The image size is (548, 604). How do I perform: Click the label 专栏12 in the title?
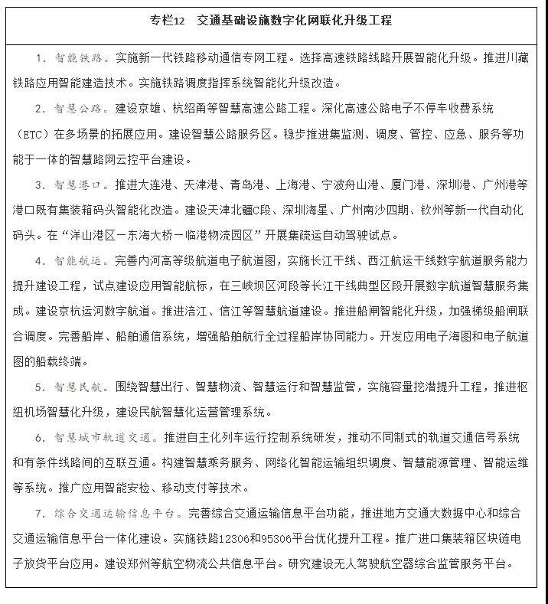(169, 21)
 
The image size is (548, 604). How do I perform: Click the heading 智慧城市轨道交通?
(104, 438)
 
